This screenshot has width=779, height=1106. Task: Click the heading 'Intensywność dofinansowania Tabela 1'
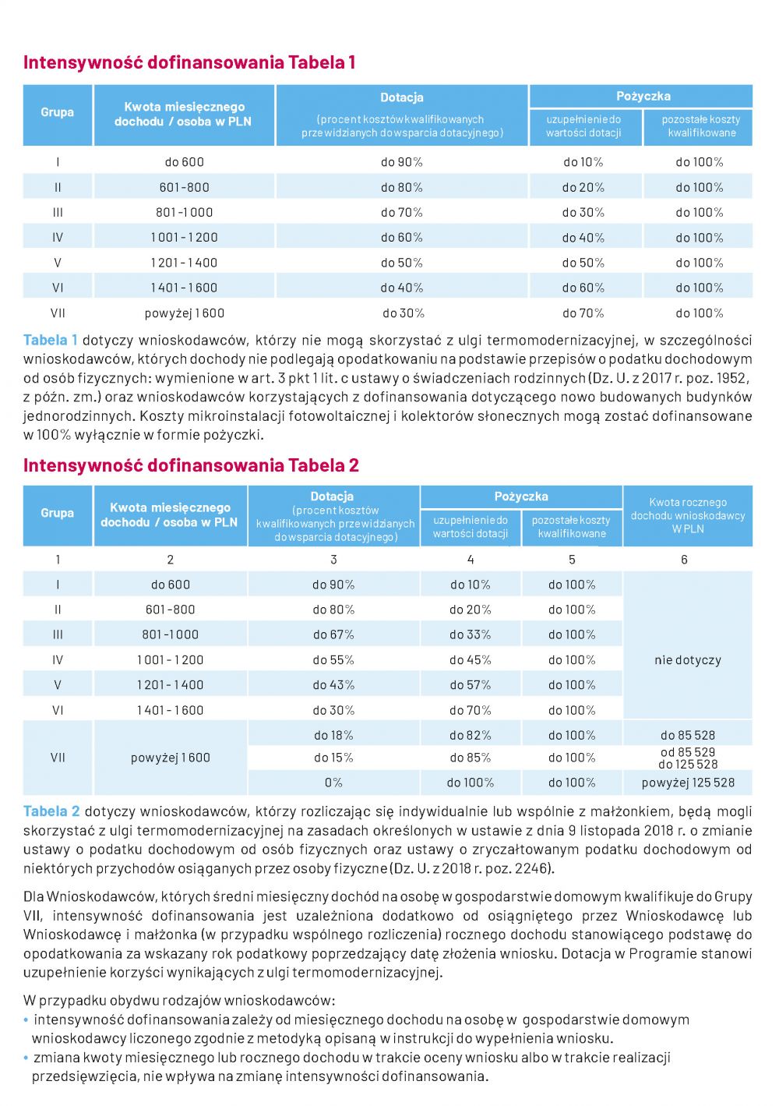(189, 62)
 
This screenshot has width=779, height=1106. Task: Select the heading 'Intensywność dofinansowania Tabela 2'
(191, 465)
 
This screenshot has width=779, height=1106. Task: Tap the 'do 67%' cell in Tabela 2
(333, 634)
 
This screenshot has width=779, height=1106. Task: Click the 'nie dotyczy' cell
(688, 659)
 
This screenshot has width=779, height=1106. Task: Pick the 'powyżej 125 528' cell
(688, 783)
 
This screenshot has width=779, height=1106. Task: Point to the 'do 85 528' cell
(688, 735)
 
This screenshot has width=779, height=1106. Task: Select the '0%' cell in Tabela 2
(333, 783)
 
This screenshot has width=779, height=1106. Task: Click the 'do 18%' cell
(333, 735)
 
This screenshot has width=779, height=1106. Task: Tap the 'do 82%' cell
(471, 735)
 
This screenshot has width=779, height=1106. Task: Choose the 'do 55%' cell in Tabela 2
(333, 659)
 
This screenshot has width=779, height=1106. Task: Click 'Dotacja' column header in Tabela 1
(402, 97)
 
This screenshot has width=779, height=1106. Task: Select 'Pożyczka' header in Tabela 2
(521, 496)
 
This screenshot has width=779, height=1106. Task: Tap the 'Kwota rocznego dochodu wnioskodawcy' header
(688, 515)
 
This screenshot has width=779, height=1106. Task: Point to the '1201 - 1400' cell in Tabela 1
(184, 263)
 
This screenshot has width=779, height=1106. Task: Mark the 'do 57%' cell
(471, 685)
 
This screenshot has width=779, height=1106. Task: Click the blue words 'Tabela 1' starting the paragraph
(51, 341)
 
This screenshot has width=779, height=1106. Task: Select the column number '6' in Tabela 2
(685, 560)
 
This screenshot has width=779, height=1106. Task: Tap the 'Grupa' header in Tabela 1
(58, 112)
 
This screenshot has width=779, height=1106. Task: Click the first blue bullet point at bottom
(26, 1019)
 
